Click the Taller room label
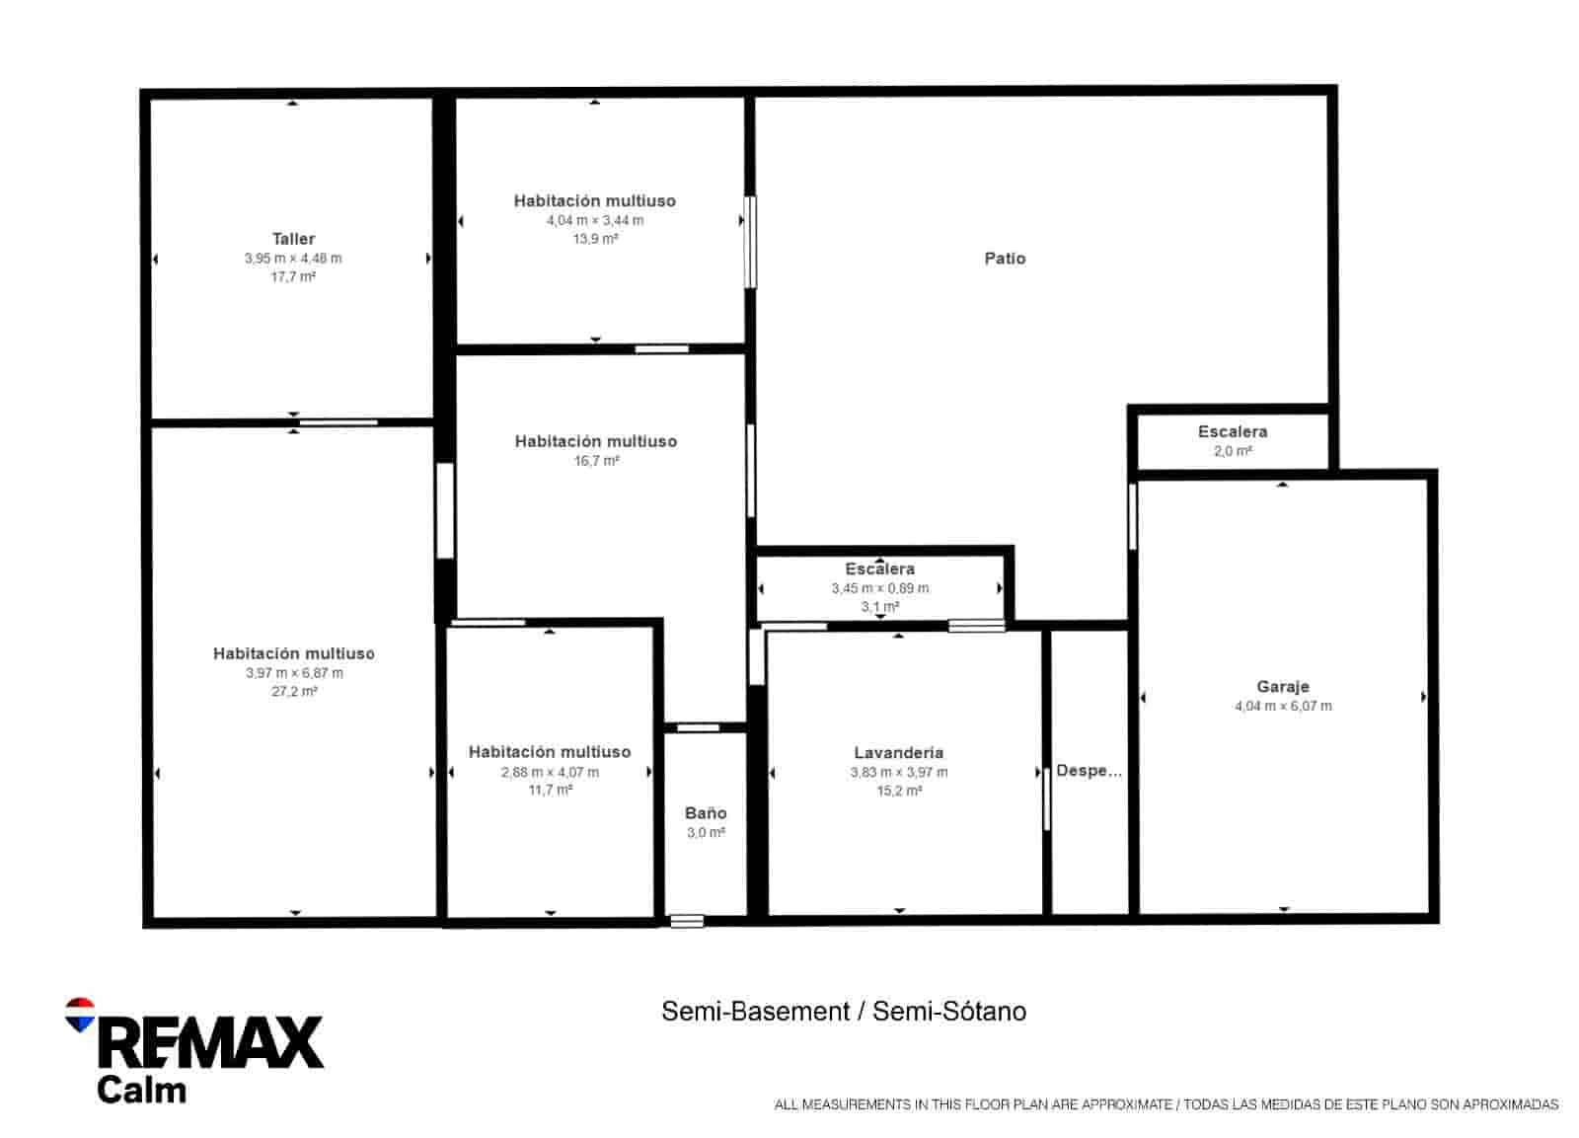pos(293,239)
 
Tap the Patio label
pos(1005,259)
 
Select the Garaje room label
pos(1282,687)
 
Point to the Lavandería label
pos(898,753)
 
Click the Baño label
pos(706,813)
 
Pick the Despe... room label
pos(1089,771)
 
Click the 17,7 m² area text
pos(293,277)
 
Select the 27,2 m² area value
pos(294,692)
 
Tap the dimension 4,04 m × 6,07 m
pos(1282,707)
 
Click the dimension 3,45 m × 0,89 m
pos(879,588)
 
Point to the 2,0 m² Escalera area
pos(1233,451)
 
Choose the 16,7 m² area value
pos(595,461)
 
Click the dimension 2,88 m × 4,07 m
pos(550,772)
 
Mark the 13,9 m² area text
pos(595,239)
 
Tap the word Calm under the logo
pos(141,1091)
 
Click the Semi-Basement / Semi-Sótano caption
pos(844,1012)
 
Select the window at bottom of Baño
pos(687,921)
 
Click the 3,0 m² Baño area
pos(706,833)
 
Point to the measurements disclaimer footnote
pos(1165,1104)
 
